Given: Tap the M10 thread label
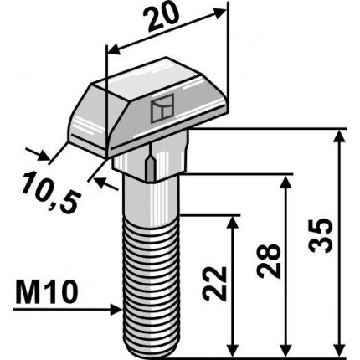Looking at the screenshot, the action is pyautogui.click(x=47, y=293).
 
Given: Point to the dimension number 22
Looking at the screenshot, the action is pyautogui.click(x=214, y=283).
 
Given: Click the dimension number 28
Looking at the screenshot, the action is pyautogui.click(x=269, y=261).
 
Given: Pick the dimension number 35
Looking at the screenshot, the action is pyautogui.click(x=321, y=235).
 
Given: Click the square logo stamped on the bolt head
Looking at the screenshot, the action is pyautogui.click(x=162, y=108).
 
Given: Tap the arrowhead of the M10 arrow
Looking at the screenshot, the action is pyautogui.click(x=116, y=310).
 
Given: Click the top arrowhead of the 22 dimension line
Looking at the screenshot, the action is pyautogui.click(x=233, y=222).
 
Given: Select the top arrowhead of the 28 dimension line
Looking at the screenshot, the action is pyautogui.click(x=285, y=182).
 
